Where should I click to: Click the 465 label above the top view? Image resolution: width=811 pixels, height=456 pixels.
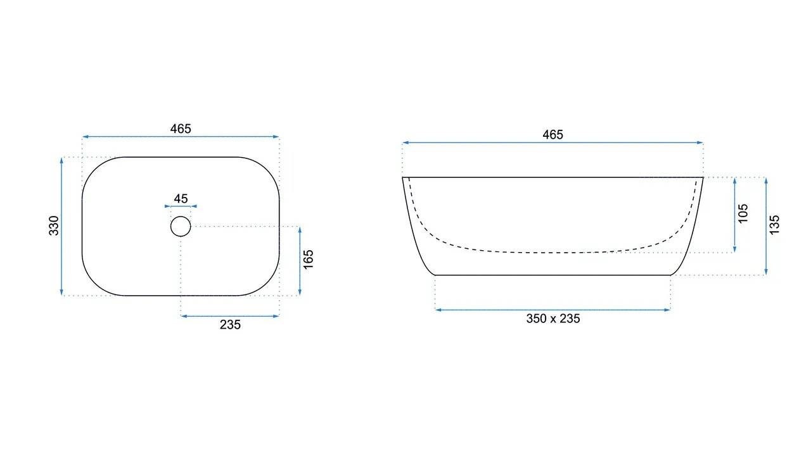[x=181, y=129]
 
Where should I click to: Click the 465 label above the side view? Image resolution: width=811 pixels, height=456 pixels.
[x=553, y=135]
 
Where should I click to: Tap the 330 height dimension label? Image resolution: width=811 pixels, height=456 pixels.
[x=54, y=226]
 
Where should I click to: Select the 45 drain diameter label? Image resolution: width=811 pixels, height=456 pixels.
[x=181, y=198]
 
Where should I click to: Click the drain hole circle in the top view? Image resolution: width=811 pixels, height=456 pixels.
[x=181, y=217]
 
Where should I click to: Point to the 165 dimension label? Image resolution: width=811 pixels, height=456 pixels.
[x=308, y=260]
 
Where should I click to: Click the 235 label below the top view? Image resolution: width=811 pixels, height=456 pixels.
[x=230, y=325]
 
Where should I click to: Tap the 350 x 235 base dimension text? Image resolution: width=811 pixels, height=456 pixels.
[x=553, y=319]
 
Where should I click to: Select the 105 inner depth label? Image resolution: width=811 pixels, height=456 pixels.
[x=743, y=213]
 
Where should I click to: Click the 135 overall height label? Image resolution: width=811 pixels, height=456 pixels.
[x=774, y=225]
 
